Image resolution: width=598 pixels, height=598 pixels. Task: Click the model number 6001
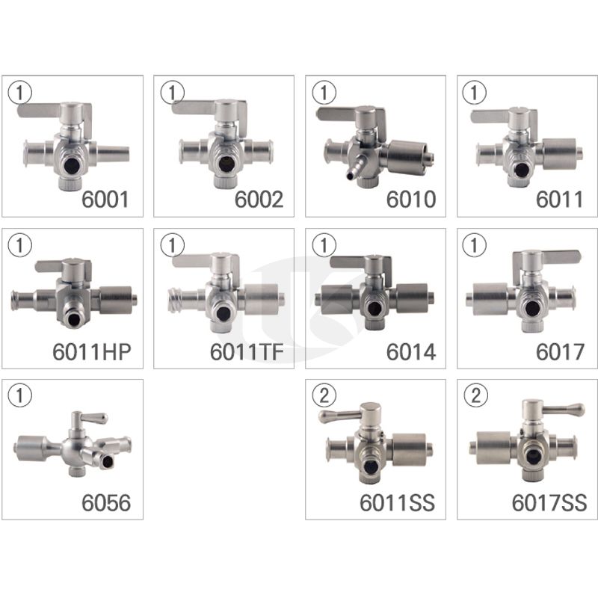[105, 200]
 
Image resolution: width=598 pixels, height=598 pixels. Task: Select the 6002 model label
[259, 200]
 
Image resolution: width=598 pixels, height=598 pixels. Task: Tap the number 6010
[410, 200]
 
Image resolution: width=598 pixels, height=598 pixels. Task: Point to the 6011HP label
[92, 352]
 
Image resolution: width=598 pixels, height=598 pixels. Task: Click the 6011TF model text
[247, 352]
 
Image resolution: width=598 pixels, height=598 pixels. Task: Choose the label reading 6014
[410, 352]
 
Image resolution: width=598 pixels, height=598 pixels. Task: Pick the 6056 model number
[106, 502]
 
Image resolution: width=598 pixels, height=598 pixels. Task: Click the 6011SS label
[397, 502]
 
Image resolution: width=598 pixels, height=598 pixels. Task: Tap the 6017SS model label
[549, 502]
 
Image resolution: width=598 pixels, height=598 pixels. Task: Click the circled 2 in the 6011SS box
[324, 395]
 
